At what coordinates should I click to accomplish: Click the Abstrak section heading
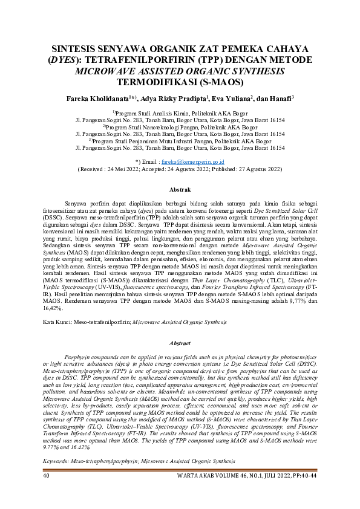(x=180, y=190)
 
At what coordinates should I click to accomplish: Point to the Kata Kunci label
(x=61, y=306)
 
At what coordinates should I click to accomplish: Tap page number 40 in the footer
(x=47, y=493)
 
